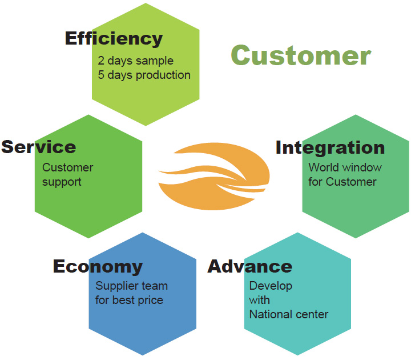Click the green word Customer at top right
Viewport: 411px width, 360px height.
tap(301, 55)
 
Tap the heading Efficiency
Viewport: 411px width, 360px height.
tap(114, 39)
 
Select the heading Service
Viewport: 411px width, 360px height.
tap(39, 147)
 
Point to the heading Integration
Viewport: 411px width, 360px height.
tap(331, 149)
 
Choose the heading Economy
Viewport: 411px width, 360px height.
tap(98, 267)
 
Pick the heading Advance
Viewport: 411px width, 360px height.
tap(250, 266)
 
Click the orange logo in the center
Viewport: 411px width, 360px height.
tap(214, 177)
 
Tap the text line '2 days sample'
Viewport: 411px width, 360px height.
tap(135, 61)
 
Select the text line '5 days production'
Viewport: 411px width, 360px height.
tap(144, 75)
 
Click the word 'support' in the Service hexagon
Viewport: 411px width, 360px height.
tap(62, 182)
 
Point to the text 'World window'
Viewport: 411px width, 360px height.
tap(345, 167)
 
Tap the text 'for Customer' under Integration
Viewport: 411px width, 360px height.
tap(342, 182)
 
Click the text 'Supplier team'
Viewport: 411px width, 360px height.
tap(132, 286)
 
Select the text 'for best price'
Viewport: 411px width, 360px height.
tap(129, 300)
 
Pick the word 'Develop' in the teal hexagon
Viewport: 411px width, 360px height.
tap(271, 286)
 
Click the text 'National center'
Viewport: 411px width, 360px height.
tap(289, 314)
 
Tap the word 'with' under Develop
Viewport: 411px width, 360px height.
tap(260, 300)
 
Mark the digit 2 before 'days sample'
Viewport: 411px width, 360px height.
tap(101, 61)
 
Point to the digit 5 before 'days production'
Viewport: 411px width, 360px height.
tap(101, 75)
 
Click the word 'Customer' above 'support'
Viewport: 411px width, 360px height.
tap(67, 167)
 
